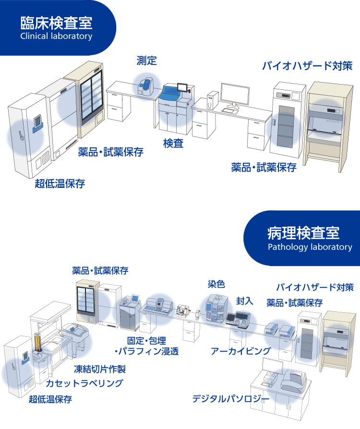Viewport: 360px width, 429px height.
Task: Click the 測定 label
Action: coord(146,61)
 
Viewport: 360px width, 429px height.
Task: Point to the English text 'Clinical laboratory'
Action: coord(56,36)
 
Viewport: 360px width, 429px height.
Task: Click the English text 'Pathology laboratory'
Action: coord(310,247)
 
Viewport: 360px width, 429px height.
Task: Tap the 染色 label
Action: coord(216,284)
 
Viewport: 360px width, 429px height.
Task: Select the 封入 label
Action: coord(244,301)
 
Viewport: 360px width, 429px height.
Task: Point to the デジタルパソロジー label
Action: coord(228,398)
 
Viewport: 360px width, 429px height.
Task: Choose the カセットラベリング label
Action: coord(84,383)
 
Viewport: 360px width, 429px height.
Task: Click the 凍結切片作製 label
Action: coord(99,369)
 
